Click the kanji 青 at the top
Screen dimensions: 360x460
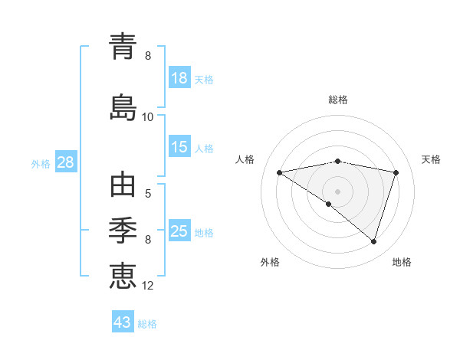(123, 47)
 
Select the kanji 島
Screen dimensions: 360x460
(123, 106)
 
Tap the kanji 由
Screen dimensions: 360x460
(123, 185)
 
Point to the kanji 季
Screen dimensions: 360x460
(123, 228)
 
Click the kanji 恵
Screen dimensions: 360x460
(123, 274)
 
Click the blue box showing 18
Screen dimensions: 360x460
(179, 78)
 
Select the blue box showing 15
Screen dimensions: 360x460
(179, 147)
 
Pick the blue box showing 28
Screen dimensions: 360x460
(65, 162)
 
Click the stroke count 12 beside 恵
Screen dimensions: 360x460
(148, 286)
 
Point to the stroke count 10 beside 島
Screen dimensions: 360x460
(148, 117)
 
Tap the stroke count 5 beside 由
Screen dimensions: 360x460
(148, 194)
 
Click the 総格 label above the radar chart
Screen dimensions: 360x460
(338, 100)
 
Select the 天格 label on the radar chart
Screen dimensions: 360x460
(431, 159)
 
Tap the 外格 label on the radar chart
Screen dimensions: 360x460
(269, 262)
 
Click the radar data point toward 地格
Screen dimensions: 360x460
(373, 242)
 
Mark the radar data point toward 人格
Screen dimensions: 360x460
(279, 172)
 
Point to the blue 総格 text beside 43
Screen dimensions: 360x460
(147, 324)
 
